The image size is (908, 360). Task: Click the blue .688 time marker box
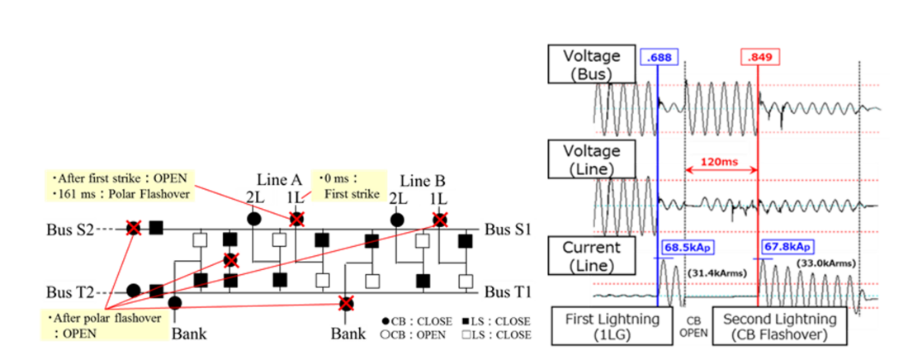pyautogui.click(x=657, y=57)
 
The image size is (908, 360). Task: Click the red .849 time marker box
pyautogui.click(x=759, y=57)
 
